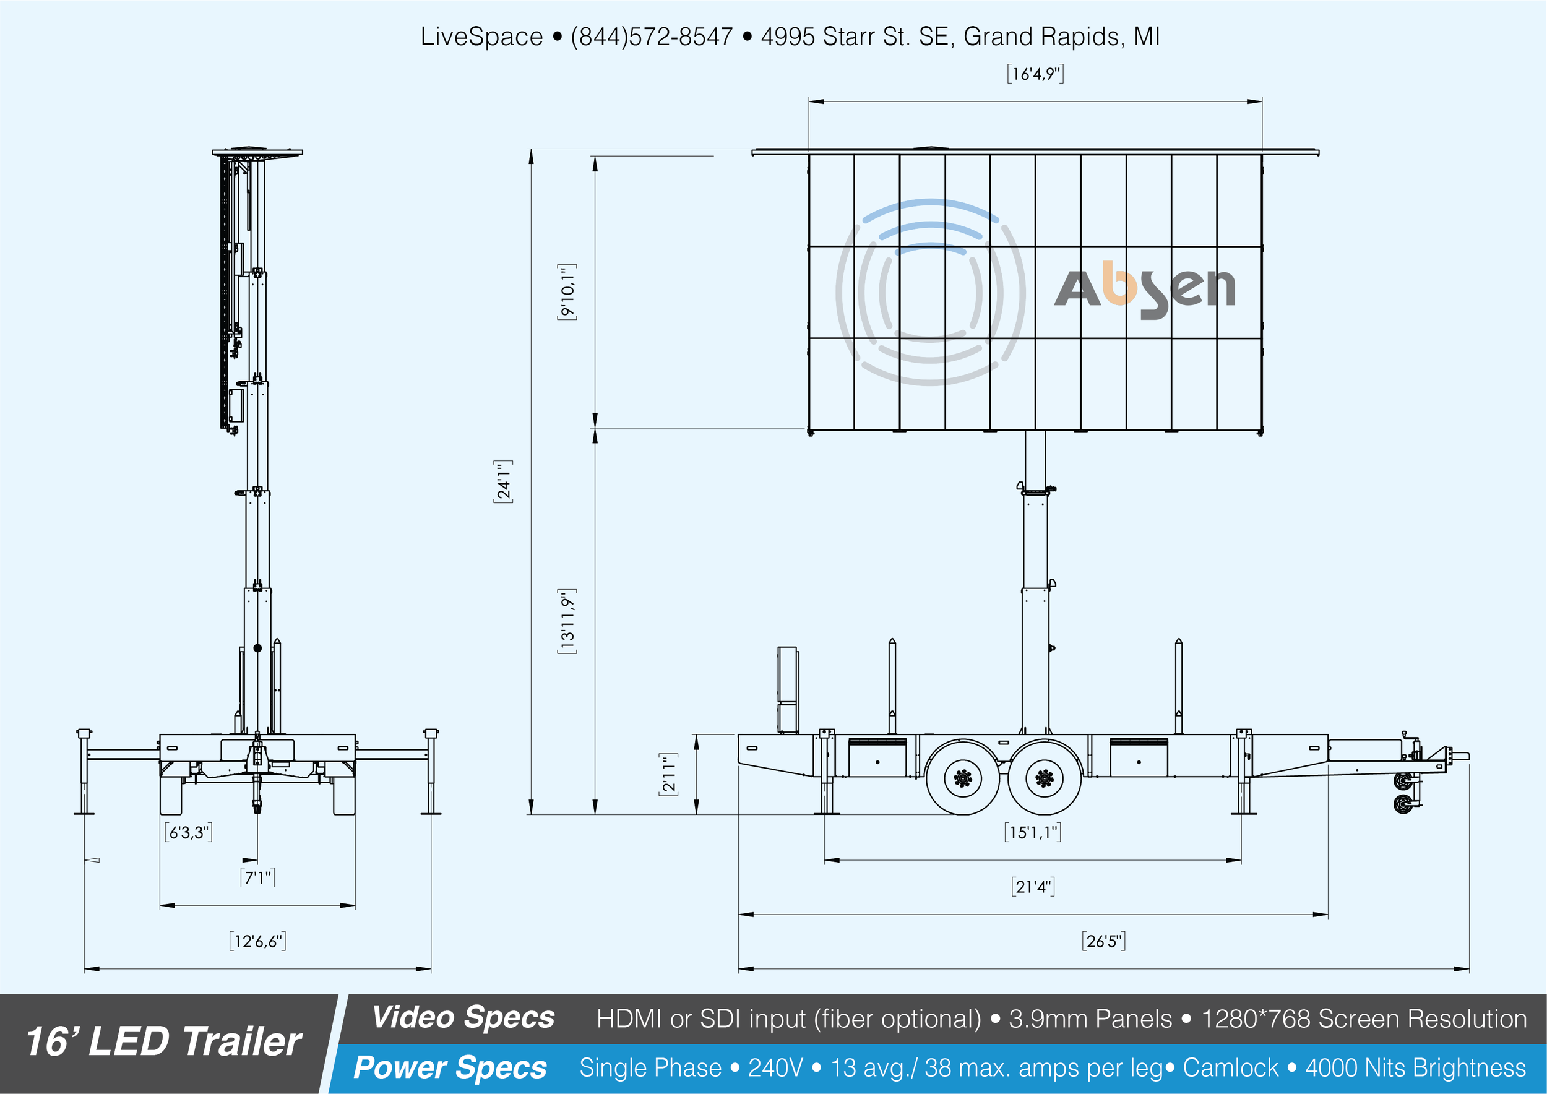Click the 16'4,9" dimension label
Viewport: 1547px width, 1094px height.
(x=1035, y=74)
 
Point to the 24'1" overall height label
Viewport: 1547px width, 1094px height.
(x=503, y=481)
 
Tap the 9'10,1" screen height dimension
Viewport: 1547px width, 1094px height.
(x=567, y=292)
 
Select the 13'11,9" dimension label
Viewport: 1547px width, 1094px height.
(x=567, y=621)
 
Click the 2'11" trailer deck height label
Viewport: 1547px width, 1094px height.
(x=668, y=774)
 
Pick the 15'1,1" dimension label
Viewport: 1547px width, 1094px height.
(x=1032, y=832)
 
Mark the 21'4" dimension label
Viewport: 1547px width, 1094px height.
(x=1033, y=887)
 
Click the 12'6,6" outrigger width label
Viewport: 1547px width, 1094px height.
(x=257, y=941)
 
